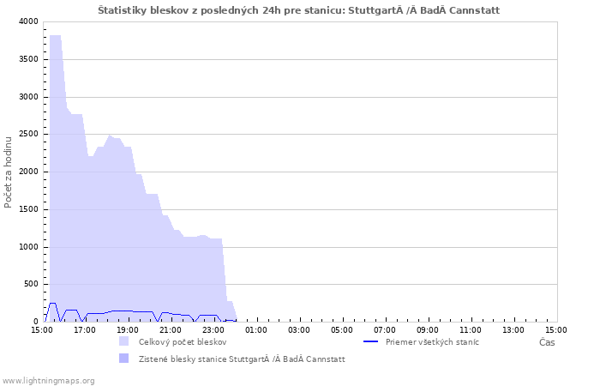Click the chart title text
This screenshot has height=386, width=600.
click(298, 10)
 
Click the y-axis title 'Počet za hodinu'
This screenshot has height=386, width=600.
click(8, 172)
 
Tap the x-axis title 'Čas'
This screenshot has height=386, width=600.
click(547, 342)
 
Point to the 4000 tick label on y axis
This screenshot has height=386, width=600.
click(28, 21)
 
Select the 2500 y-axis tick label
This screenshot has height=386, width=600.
click(28, 134)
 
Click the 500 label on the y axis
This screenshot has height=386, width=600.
click(31, 284)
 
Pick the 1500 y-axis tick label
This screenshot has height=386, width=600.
click(28, 209)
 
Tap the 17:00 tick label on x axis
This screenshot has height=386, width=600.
click(85, 330)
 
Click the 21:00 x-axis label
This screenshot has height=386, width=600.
click(171, 330)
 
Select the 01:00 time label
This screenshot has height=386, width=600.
click(256, 330)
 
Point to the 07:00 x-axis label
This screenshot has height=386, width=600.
click(385, 330)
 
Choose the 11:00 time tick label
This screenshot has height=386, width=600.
click(471, 330)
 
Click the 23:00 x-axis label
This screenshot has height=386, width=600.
click(213, 330)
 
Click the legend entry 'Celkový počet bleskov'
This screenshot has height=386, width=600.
click(183, 342)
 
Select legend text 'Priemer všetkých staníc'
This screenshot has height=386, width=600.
click(432, 342)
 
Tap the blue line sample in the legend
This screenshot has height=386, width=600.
click(370, 341)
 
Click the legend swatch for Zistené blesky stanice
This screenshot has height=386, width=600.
click(124, 359)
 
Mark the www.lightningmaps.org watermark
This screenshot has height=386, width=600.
click(48, 381)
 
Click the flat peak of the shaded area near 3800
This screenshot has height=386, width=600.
click(55, 36)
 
